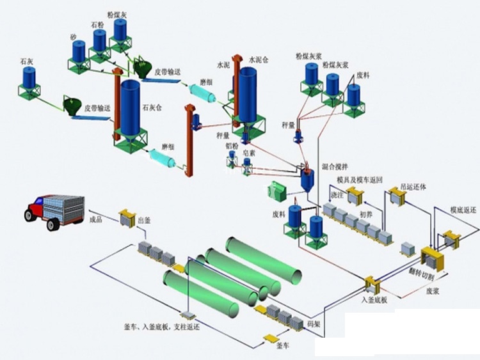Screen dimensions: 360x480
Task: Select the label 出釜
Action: pos(144,221)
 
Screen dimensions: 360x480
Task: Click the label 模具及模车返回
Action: pos(360,181)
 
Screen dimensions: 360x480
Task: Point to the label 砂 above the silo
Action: pos(74,38)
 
